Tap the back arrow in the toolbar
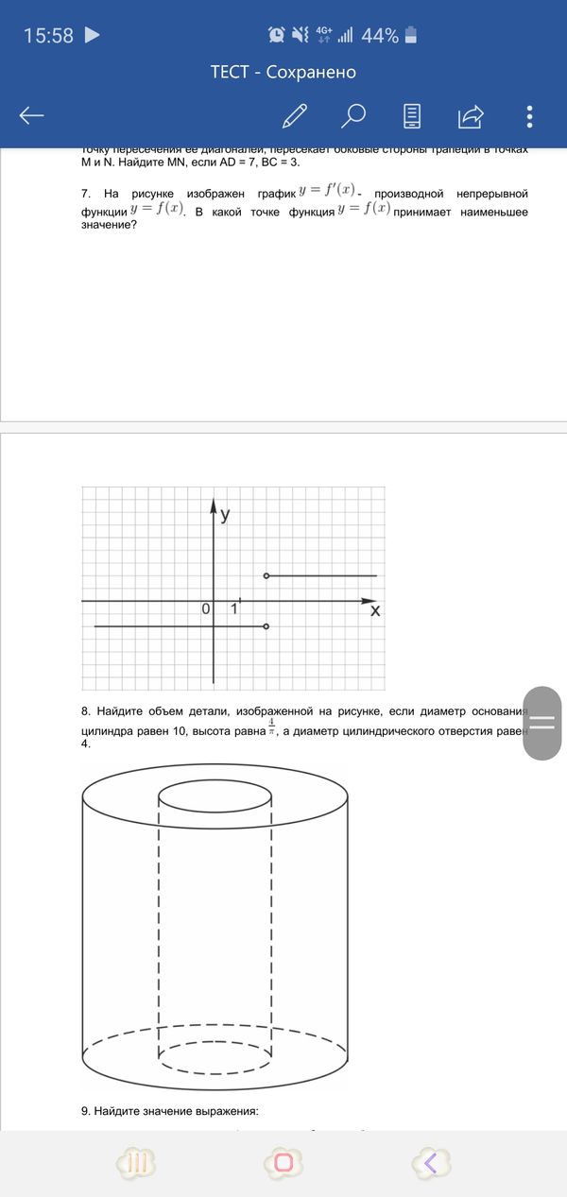coord(31,116)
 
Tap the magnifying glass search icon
coord(353,115)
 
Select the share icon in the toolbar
coord(471,116)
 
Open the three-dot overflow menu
coord(529,116)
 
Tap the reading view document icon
coord(413,115)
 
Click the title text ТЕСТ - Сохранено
coord(283,72)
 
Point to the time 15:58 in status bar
coord(48,36)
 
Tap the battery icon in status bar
coord(410,36)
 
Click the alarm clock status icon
coord(277,36)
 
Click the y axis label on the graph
coord(225,515)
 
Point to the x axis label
coord(375,611)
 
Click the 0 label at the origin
coord(205,609)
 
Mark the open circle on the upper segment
coord(266,575)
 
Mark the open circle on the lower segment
coord(266,626)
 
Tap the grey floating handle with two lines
coord(541,723)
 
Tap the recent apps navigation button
coord(135,1163)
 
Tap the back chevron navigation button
coord(430,1163)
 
